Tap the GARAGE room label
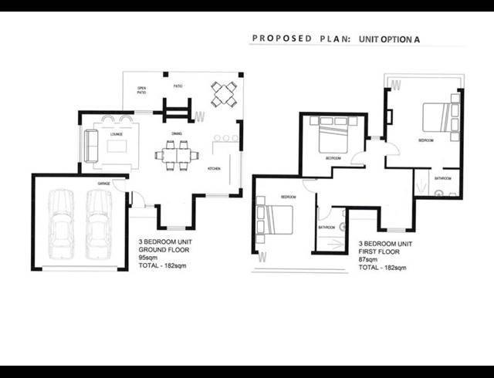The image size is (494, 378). click(x=103, y=184)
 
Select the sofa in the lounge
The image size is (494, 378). click(x=90, y=145)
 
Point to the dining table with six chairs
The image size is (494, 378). click(x=176, y=155)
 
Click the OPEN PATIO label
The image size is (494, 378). click(x=142, y=89)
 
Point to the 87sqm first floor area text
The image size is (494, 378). click(x=367, y=259)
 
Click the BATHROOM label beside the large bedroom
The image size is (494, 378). click(x=442, y=178)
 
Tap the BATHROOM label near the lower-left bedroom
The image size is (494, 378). click(x=327, y=228)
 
